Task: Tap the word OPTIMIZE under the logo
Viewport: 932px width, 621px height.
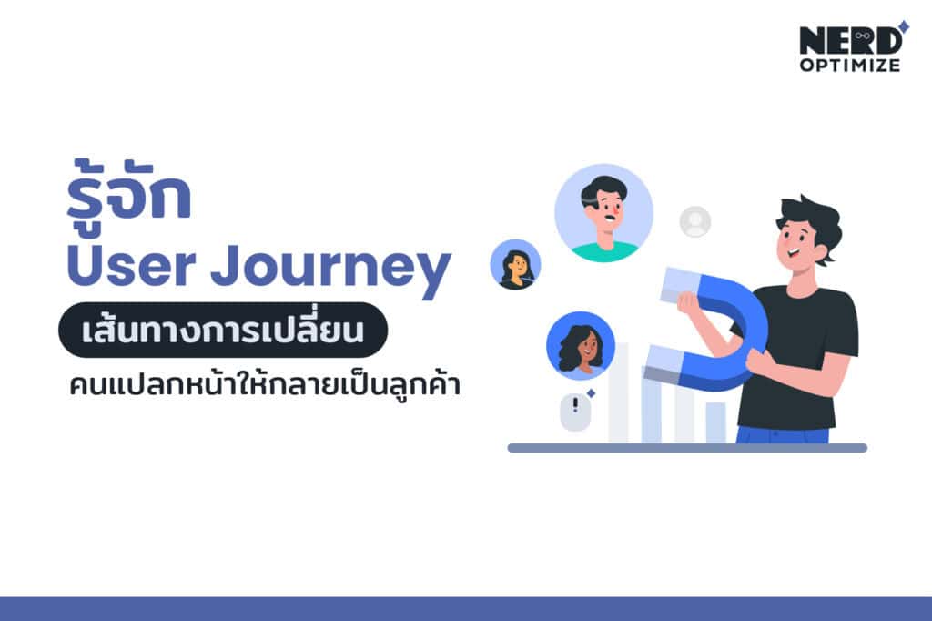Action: tap(850, 66)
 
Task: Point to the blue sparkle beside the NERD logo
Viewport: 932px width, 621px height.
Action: tap(903, 25)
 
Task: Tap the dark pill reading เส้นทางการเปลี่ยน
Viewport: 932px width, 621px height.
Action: tap(222, 330)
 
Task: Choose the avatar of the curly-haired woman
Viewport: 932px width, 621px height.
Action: tap(580, 345)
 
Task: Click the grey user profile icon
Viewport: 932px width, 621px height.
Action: tap(695, 221)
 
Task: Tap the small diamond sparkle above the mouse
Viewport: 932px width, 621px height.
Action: tap(591, 392)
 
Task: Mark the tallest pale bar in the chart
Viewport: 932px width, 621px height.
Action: tap(618, 392)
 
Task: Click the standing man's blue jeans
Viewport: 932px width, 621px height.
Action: tap(783, 434)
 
